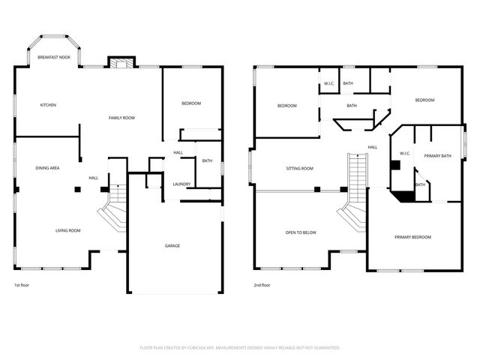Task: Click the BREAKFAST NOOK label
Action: pyautogui.click(x=54, y=57)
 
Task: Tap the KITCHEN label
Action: pyautogui.click(x=48, y=105)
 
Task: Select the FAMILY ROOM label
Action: pyautogui.click(x=121, y=118)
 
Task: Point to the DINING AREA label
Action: pyautogui.click(x=47, y=168)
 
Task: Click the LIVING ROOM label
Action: pyautogui.click(x=67, y=230)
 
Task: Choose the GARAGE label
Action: pyautogui.click(x=172, y=246)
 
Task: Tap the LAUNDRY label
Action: pyautogui.click(x=181, y=184)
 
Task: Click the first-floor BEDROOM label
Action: pyautogui.click(x=191, y=103)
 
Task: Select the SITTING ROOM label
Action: pyautogui.click(x=299, y=169)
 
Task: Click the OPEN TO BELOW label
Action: pyautogui.click(x=301, y=232)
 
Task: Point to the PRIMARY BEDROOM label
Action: pyautogui.click(x=413, y=237)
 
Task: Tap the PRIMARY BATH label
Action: pyautogui.click(x=437, y=155)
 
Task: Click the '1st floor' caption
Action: pyautogui.click(x=22, y=286)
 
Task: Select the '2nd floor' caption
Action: pyautogui.click(x=261, y=286)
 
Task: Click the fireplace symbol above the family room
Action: pyautogui.click(x=119, y=62)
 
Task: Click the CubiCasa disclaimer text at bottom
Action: pyautogui.click(x=240, y=347)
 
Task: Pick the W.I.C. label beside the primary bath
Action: pyautogui.click(x=404, y=153)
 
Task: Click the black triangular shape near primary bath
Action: pyautogui.click(x=405, y=196)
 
